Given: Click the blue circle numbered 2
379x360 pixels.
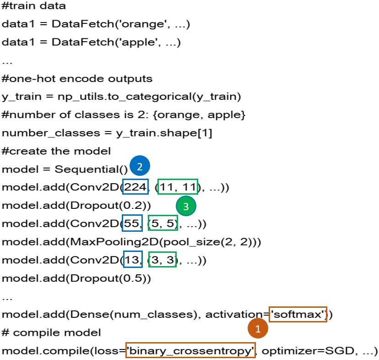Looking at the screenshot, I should pos(140,167).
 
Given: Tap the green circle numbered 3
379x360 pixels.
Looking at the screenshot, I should pos(185,207).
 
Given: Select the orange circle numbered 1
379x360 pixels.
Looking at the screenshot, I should pos(258,328).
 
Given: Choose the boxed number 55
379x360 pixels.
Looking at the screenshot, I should pos(132,224).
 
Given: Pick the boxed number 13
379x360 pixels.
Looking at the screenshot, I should pos(133,260).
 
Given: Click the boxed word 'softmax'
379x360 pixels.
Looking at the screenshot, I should pos(298,314).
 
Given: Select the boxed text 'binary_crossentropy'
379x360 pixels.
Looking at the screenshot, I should pos(190,351).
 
